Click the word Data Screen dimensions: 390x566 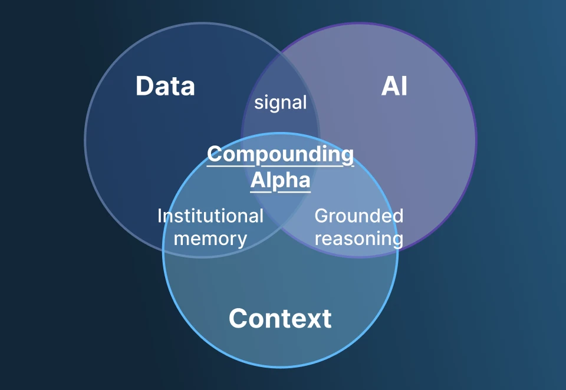[x=165, y=86]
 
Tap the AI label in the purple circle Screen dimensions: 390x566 [x=394, y=86]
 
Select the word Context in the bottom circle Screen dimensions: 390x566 [x=280, y=319]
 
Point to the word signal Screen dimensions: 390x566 [x=280, y=103]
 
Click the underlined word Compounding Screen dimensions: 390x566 [x=280, y=155]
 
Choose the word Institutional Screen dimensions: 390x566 [x=210, y=216]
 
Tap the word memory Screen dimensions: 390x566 [x=210, y=239]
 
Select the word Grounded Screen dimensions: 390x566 [x=358, y=216]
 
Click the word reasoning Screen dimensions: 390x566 [x=358, y=239]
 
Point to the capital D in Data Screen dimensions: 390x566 [x=144, y=86]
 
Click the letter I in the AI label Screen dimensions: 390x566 [x=403, y=86]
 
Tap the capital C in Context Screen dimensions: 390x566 [x=238, y=319]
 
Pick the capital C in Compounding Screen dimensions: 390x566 [x=215, y=155]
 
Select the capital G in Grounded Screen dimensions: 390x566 [x=321, y=216]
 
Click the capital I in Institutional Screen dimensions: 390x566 [x=160, y=216]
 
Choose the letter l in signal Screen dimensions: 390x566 [x=304, y=103]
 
